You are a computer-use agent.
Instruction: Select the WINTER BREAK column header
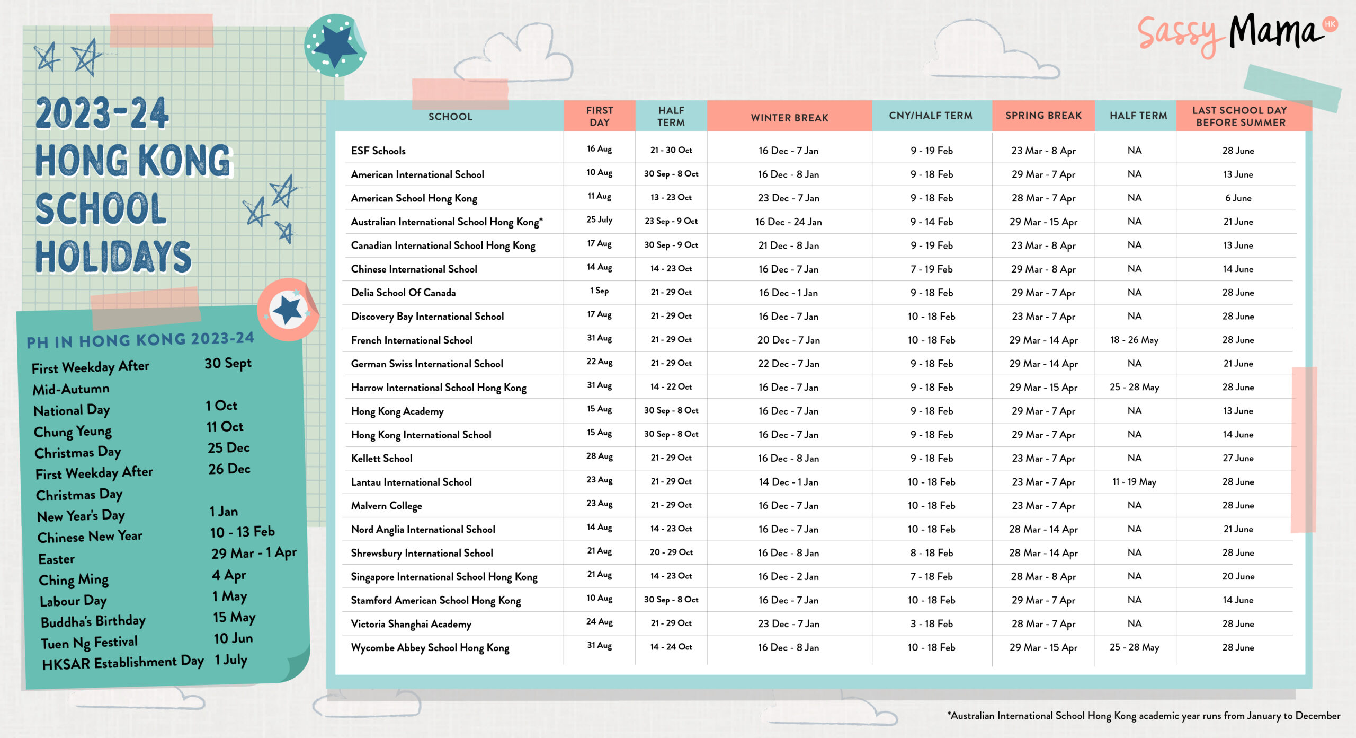(789, 117)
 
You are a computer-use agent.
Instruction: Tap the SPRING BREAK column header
(1043, 116)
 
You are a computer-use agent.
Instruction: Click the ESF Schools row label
(378, 151)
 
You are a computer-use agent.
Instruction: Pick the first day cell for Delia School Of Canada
(599, 291)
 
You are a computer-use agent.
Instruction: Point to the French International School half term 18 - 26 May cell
(1134, 340)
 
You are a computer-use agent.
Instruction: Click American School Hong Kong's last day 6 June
(1238, 198)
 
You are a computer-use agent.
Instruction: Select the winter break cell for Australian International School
(788, 222)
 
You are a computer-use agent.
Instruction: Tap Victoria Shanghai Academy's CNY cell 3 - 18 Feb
(931, 623)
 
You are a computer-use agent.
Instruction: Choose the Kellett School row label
(381, 458)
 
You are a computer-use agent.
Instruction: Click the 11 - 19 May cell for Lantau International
(1134, 482)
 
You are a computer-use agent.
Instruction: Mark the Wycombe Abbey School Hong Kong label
(430, 648)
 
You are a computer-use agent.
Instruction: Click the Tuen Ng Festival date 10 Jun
(233, 638)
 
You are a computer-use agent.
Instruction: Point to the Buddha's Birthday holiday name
(93, 621)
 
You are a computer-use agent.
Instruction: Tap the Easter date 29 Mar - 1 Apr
(254, 553)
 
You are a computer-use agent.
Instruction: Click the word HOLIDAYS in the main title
(113, 257)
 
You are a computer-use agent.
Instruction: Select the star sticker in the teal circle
(335, 46)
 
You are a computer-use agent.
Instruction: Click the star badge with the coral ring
(288, 310)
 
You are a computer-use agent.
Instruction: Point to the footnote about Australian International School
(1144, 716)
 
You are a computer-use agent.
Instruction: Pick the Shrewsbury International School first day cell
(599, 551)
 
